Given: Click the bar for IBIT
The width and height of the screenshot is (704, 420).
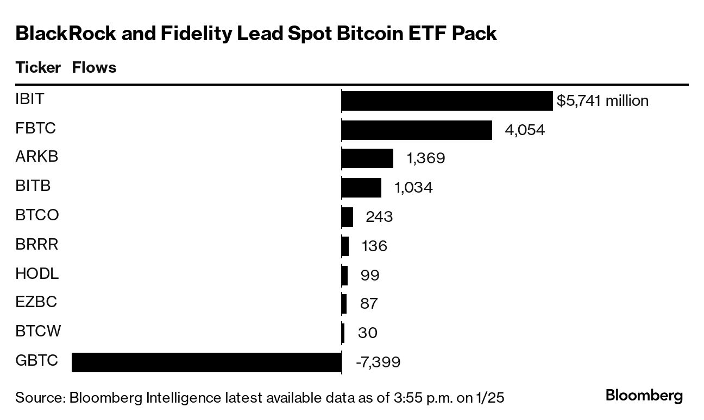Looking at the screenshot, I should tap(447, 101).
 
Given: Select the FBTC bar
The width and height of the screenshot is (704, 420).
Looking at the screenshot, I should tap(417, 130).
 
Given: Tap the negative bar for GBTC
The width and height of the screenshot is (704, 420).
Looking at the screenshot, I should tap(206, 362).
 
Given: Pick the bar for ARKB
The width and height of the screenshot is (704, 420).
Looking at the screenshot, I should tap(367, 158).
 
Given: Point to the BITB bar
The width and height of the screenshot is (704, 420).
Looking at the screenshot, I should tap(361, 188).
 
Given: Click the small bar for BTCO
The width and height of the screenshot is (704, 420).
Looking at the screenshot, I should tap(347, 217).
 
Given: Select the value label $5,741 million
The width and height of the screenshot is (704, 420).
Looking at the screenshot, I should tap(602, 101).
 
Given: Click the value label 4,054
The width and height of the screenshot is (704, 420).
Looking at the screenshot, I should tap(524, 130).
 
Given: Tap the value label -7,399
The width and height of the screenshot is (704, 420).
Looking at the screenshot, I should tap(378, 362).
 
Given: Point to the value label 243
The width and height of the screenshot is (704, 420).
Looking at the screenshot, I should tap(379, 217).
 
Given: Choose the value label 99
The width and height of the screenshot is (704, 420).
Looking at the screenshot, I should tap(370, 275).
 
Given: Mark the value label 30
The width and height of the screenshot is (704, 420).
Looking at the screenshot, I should tap(368, 333).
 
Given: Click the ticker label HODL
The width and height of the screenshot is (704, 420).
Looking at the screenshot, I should tap(37, 273).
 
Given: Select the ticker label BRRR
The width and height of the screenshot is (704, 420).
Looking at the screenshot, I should tap(37, 244).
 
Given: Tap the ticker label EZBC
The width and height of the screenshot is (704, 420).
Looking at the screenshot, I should tap(36, 302).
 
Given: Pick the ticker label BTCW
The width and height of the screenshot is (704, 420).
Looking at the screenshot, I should tap(38, 331).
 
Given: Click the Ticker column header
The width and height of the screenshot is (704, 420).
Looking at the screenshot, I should tap(38, 68).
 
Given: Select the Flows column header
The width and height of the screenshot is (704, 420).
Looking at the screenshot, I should tap(94, 68).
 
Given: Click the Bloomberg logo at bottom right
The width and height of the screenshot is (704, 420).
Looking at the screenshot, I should tap(644, 396).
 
